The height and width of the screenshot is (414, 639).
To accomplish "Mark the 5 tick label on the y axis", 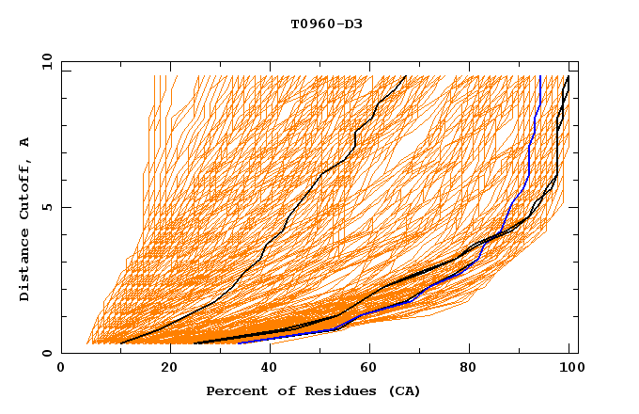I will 50,207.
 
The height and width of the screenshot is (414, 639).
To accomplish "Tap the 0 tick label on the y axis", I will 50,353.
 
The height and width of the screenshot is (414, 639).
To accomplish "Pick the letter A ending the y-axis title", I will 25,142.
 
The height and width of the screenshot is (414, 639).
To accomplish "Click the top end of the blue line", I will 540,76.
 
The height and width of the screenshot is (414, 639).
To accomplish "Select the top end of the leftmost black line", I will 406,76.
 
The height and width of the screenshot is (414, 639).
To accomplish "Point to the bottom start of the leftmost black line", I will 120,343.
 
